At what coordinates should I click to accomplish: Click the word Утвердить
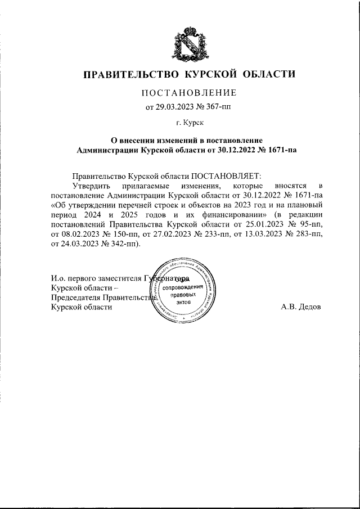click(x=90, y=186)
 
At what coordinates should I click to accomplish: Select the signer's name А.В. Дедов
click(x=300, y=308)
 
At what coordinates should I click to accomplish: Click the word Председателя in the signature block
click(x=75, y=298)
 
